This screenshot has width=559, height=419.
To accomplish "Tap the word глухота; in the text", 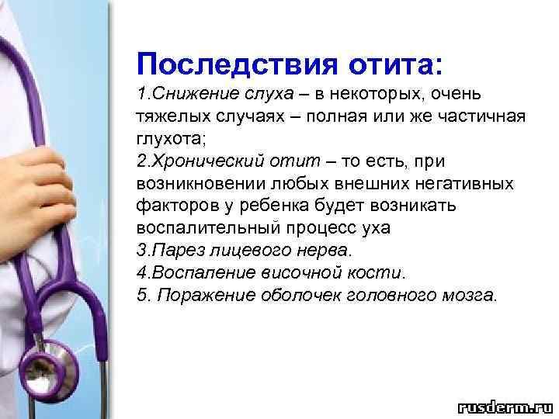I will coord(167,139).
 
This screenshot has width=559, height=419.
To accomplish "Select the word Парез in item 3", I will coord(168,251).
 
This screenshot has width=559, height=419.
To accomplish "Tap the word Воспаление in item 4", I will coord(190,273).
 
